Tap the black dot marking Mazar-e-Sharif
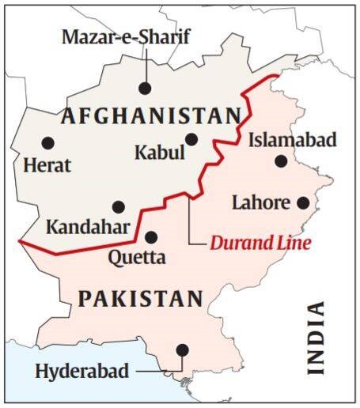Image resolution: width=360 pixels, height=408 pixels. tap(144, 89)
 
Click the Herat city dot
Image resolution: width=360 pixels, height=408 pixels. tap(47, 143)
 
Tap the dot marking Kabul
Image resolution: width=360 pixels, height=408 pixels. tap(191, 139)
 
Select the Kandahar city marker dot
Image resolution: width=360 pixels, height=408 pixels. tap(118, 206)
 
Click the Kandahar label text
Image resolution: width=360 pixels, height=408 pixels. tap(87, 228)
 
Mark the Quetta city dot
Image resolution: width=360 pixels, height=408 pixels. tap(151, 236)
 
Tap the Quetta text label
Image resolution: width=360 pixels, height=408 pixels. tap(137, 257)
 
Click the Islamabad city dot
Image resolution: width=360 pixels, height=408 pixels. tap(281, 161)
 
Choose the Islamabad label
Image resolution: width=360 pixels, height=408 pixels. tap(292, 141)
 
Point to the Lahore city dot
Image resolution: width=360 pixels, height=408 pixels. tap(301, 202)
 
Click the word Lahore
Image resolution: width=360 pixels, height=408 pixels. tap(260, 202)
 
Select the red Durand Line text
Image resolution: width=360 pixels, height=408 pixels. tap(260, 243)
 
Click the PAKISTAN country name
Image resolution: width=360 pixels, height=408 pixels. tap(140, 299)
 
